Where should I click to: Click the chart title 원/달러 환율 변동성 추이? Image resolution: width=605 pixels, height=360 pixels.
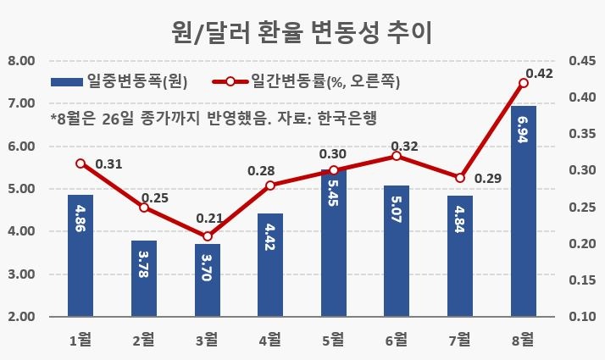coord(302,32)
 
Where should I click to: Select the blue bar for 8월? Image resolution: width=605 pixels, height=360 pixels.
coord(524,211)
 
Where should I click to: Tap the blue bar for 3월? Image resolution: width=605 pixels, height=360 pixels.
coord(208,280)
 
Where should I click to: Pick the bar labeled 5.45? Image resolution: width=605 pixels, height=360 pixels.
coord(334,243)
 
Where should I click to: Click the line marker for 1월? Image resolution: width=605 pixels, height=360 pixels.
coord(80,163)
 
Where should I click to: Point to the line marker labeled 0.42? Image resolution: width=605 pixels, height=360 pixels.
coord(524,83)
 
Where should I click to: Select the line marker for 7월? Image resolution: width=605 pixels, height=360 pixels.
coord(460,178)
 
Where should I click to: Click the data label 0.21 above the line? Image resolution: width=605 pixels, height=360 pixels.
coord(209,219)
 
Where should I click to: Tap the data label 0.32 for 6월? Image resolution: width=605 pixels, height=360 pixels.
coord(404,147)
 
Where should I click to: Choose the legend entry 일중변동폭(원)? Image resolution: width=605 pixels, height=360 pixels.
coord(119,81)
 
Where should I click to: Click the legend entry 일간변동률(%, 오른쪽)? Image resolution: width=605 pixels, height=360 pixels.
coord(307,81)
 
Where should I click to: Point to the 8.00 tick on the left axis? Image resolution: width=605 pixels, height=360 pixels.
coord(21,61)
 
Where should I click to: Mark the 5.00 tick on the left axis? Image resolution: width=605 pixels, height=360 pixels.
coord(21,189)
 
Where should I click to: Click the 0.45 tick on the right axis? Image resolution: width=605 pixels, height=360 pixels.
coord(583,61)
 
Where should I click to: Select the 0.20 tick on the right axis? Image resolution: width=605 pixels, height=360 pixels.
coord(583,243)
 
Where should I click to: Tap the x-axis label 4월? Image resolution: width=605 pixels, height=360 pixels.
coord(270,340)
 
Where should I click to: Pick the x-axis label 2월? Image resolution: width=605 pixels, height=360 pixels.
coord(144,340)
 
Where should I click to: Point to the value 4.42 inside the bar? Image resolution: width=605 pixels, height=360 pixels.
coord(270,237)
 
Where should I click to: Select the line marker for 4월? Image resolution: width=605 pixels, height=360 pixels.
coord(270,186)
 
